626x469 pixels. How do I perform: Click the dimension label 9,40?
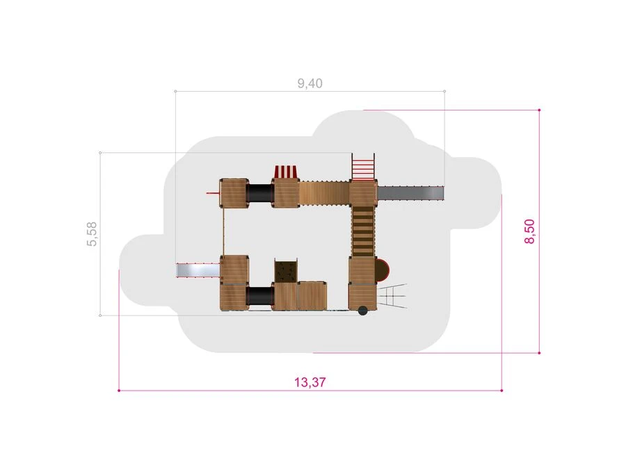pos(310,83)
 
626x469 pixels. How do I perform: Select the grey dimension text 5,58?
pos(92,233)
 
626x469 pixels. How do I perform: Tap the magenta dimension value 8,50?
pos(529,231)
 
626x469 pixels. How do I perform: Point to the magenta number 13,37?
pos(310,382)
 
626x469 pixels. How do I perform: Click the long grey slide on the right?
pos(410,193)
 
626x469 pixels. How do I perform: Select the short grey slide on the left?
pos(198,270)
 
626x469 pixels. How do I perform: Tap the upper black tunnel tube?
pos(260,193)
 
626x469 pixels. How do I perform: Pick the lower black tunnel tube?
pos(260,297)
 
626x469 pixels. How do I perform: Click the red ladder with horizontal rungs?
pos(363,167)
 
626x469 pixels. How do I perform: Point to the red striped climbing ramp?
pos(285,172)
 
